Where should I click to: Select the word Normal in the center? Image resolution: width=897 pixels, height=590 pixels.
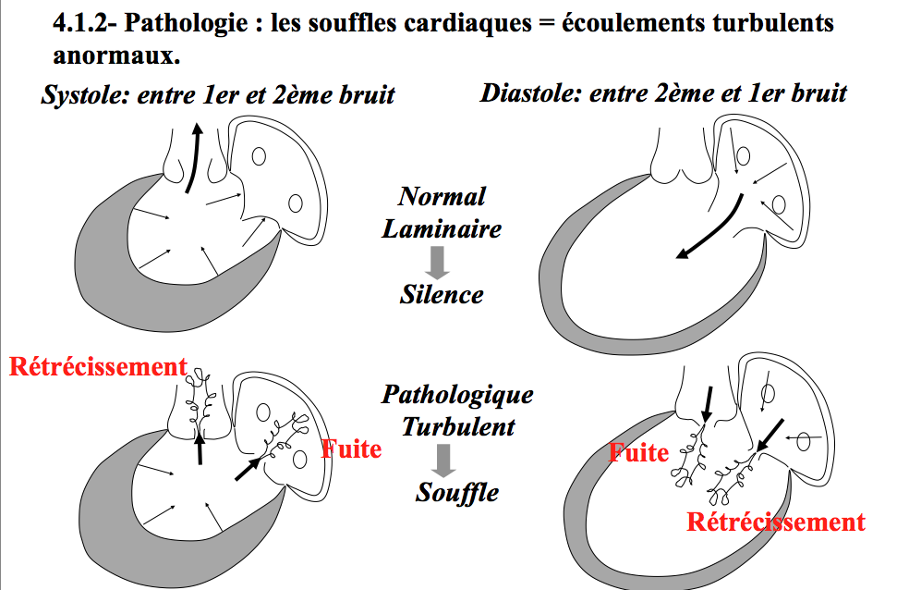click(442, 196)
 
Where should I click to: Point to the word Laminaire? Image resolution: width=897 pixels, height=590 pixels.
click(442, 227)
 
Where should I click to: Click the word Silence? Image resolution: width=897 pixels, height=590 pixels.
click(442, 294)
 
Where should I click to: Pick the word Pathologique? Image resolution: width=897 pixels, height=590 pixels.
click(457, 395)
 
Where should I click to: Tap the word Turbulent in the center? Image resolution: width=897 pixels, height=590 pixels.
click(457, 426)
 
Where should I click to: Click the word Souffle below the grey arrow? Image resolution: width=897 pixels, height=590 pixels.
click(456, 491)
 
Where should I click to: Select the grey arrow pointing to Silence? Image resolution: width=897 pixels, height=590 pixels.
click(440, 261)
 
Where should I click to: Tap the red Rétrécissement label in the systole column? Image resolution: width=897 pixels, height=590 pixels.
click(98, 367)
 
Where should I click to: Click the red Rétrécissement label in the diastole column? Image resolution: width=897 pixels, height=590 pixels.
click(776, 522)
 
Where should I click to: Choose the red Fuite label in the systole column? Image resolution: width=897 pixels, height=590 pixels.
click(351, 449)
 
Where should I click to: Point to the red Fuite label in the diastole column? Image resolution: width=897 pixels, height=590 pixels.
click(638, 453)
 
